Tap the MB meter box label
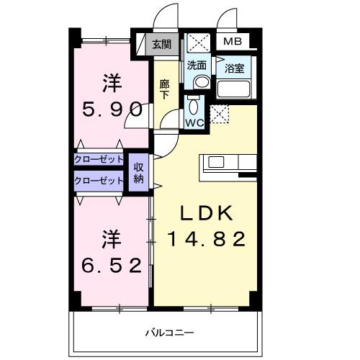pyautogui.click(x=233, y=42)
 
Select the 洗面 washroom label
pyautogui.click(x=197, y=66)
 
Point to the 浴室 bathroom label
pyautogui.click(x=234, y=69)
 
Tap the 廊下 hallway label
pyautogui.click(x=164, y=89)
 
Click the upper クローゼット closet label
pyautogui.click(x=99, y=159)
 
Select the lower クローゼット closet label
pyautogui.click(x=99, y=181)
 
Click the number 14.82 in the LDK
pyautogui.click(x=207, y=238)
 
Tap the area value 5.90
pyautogui.click(x=109, y=111)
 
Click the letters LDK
pyautogui.click(x=207, y=213)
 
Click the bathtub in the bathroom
pyautogui.click(x=233, y=91)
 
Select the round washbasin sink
pyautogui.click(x=201, y=82)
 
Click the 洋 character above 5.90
pyautogui.click(x=109, y=84)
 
